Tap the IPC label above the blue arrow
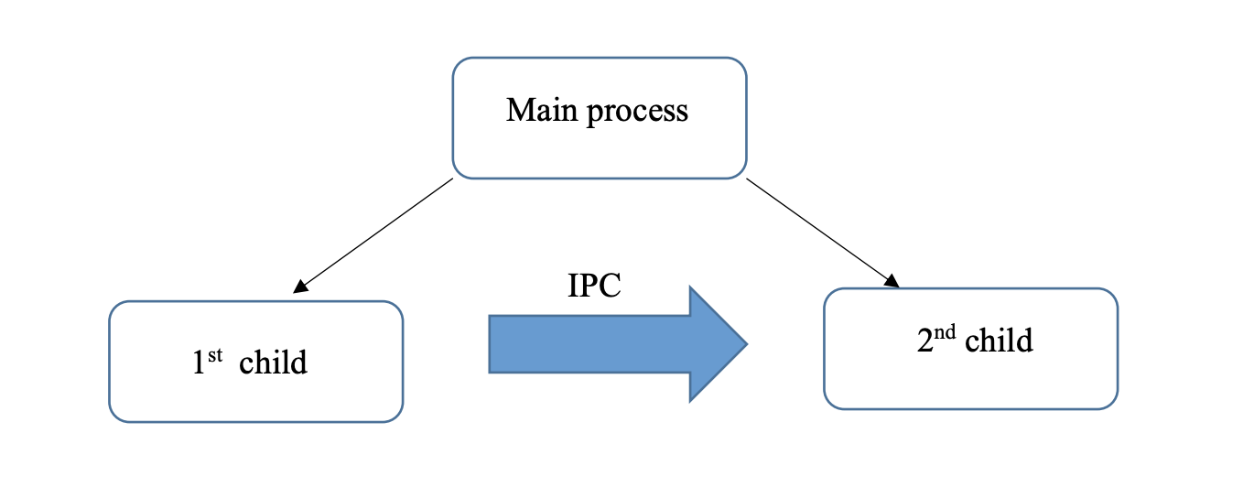(x=594, y=286)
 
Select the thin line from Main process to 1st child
(x=375, y=234)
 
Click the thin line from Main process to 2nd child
(x=819, y=231)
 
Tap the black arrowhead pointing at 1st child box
(x=299, y=287)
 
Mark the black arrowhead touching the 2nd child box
(x=892, y=281)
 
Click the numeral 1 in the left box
(x=198, y=364)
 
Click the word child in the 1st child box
(x=273, y=363)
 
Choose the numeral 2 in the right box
(x=924, y=342)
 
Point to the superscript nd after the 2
(x=946, y=333)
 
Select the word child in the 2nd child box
(x=999, y=341)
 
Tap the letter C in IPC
(x=611, y=286)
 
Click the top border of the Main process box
(x=600, y=59)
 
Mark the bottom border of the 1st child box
(x=255, y=421)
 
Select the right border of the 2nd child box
(x=1117, y=348)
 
